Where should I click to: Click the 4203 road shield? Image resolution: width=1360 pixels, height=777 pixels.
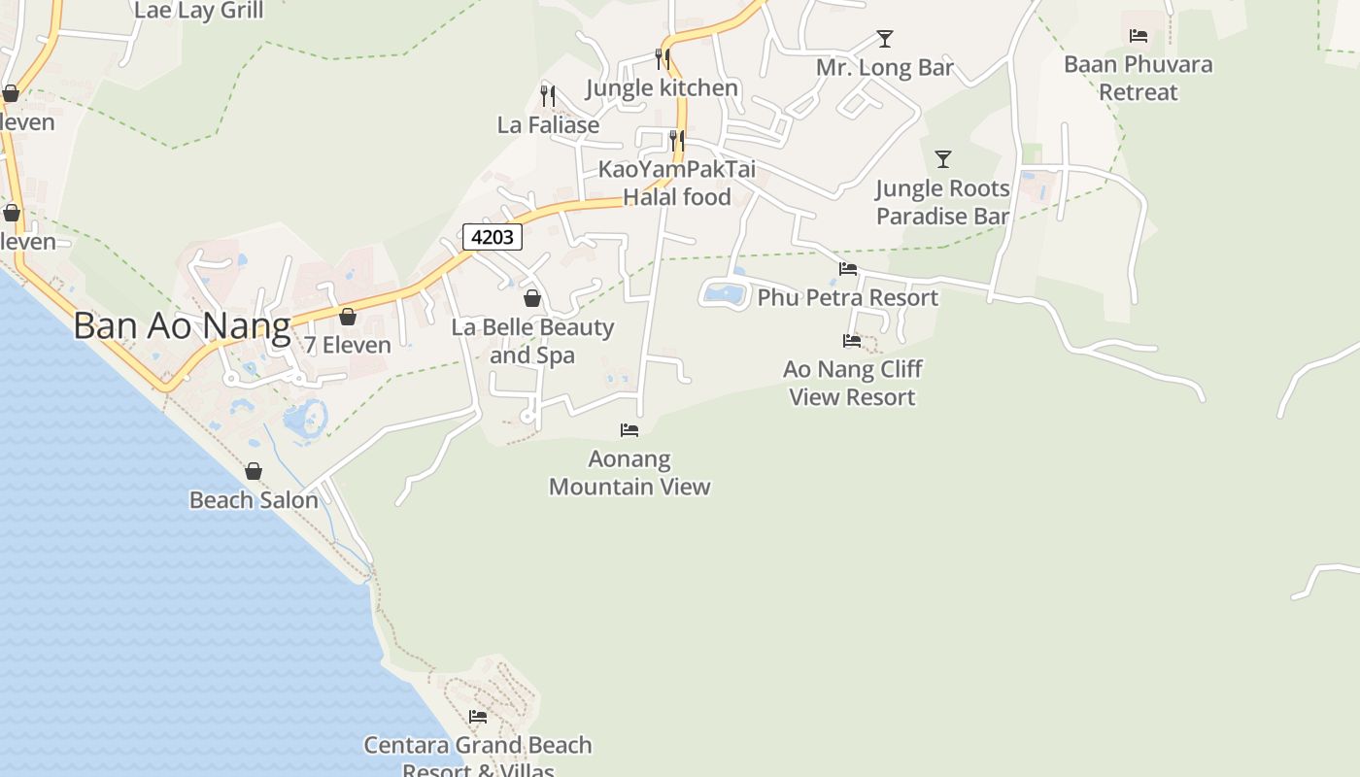tap(493, 237)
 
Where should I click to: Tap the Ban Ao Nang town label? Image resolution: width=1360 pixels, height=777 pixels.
tap(182, 326)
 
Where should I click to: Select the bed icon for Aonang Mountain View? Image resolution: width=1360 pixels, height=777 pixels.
tap(629, 429)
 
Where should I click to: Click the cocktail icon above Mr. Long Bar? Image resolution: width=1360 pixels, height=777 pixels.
tap(884, 39)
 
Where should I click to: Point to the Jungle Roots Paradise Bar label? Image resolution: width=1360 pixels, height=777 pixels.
tap(942, 202)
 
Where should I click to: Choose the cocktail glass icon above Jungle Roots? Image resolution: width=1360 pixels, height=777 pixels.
tap(942, 158)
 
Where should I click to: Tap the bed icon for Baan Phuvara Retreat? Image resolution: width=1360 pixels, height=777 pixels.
tap(1139, 36)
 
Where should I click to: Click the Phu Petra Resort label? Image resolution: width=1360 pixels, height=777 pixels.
tap(847, 297)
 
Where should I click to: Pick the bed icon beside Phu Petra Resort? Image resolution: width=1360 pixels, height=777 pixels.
tap(848, 269)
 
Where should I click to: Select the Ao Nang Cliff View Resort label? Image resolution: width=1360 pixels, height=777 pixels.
tap(852, 383)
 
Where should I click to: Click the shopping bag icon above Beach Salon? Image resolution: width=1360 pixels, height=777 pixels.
tap(254, 471)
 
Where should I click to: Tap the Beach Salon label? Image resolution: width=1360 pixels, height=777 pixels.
tap(254, 500)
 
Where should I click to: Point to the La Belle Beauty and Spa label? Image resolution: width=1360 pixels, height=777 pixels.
tap(532, 341)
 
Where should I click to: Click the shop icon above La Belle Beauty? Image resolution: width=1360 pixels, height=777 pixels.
tap(531, 298)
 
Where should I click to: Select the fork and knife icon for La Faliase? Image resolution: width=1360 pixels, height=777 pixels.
tap(548, 95)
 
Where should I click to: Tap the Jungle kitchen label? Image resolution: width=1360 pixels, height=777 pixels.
tap(662, 88)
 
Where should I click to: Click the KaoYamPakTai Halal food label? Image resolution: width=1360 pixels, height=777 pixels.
tap(676, 183)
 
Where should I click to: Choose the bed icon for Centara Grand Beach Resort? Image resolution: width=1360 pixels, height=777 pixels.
tap(477, 717)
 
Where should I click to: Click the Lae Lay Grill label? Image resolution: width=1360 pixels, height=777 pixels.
tap(198, 11)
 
